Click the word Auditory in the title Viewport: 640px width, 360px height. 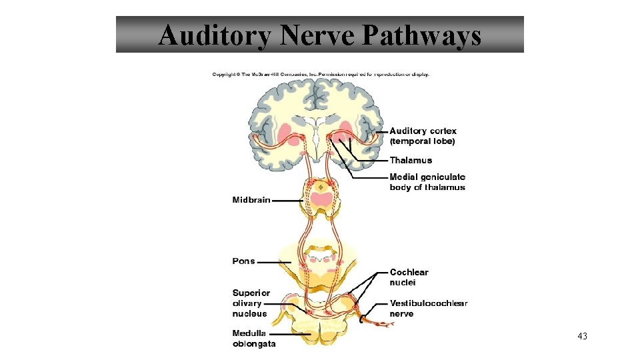click(x=215, y=35)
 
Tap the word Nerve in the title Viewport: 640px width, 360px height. click(x=318, y=35)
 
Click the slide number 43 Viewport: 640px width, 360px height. click(x=582, y=337)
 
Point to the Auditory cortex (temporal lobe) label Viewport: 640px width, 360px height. click(x=423, y=136)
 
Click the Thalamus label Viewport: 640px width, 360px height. click(x=411, y=160)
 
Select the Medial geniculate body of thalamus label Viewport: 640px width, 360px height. click(x=427, y=182)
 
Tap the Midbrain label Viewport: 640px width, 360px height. click(x=251, y=200)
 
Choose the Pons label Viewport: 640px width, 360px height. click(x=243, y=261)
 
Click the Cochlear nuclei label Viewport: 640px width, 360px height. click(x=409, y=277)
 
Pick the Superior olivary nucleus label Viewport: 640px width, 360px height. click(x=251, y=303)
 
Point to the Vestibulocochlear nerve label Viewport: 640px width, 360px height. click(x=428, y=308)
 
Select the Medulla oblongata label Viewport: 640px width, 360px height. click(x=253, y=338)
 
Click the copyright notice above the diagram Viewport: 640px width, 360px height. click(x=321, y=74)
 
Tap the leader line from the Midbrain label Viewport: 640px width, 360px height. click(x=288, y=200)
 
